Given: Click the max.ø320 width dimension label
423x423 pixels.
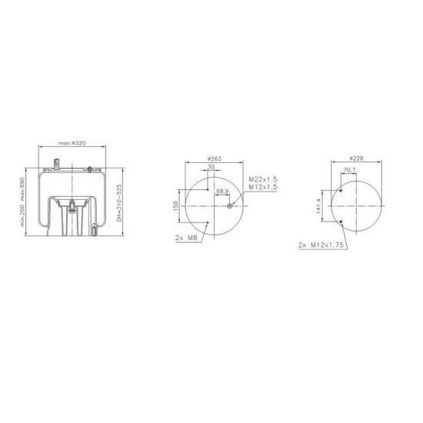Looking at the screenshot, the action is coord(72,143).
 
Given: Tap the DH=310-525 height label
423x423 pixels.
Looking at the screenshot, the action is coord(119,203).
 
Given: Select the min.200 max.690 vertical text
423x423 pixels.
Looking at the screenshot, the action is coord(22,202).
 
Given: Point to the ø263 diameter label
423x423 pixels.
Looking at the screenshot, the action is coord(215,158).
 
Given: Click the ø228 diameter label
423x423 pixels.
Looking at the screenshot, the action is coord(356,158).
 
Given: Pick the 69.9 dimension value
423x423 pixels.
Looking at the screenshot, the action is coord(222,192).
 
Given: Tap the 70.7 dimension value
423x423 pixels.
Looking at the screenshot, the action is coord(349,170).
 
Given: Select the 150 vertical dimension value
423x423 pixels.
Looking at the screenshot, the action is coord(175,206).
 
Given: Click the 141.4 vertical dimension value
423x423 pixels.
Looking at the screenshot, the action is coord(318,206).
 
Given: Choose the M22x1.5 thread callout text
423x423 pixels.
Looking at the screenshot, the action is coord(263,179).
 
